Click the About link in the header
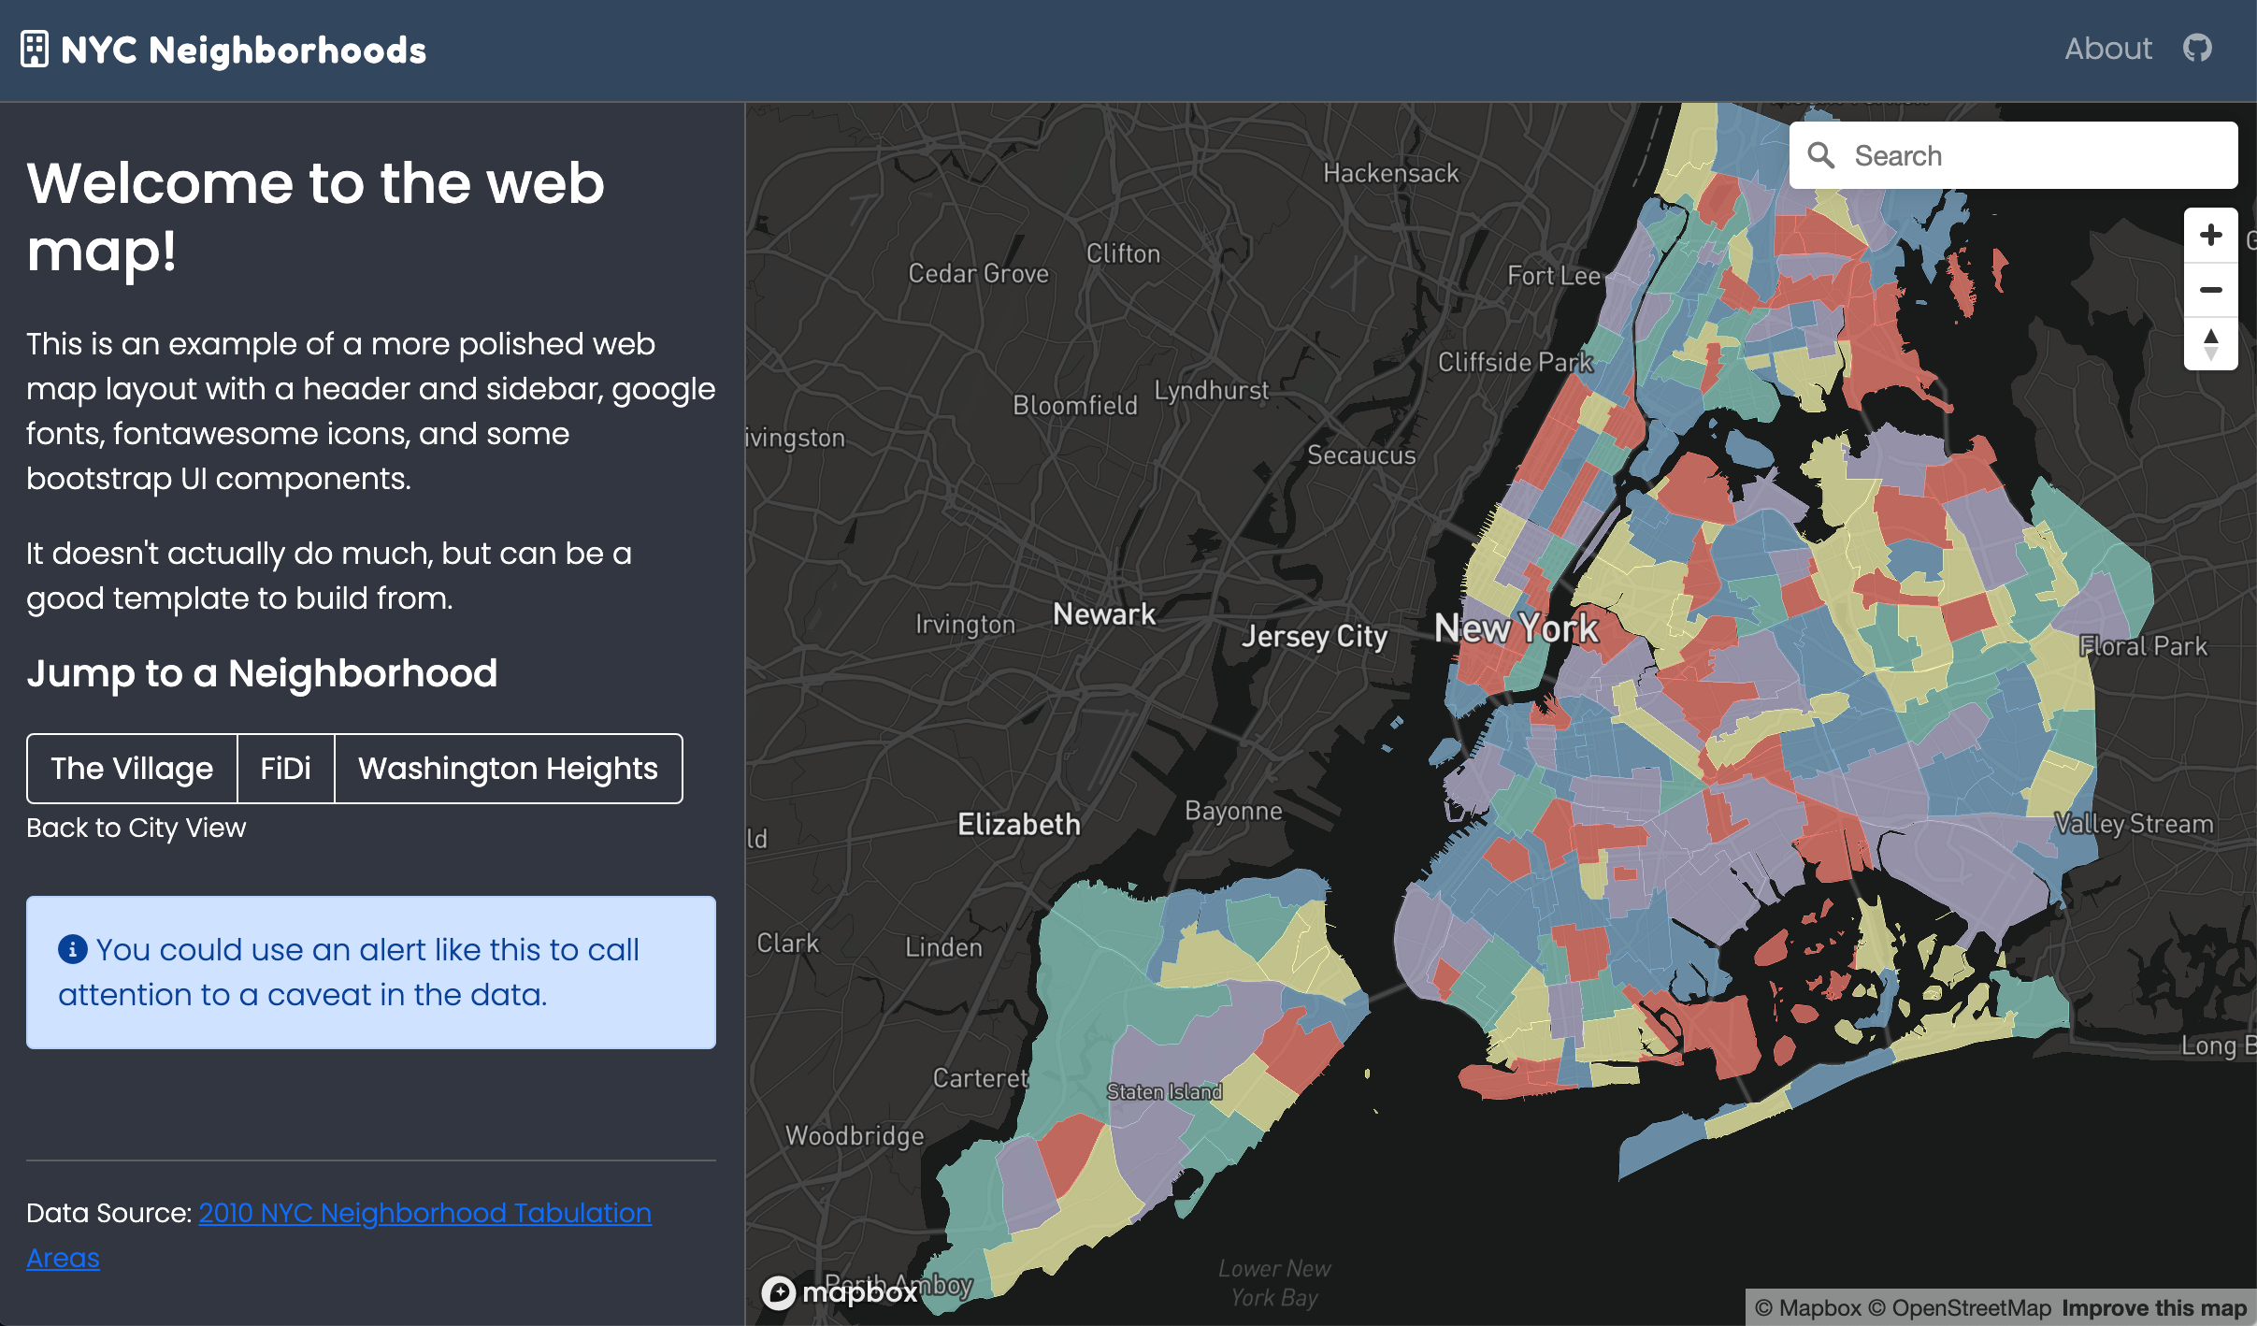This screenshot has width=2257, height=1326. (2107, 49)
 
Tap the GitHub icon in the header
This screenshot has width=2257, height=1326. (2196, 48)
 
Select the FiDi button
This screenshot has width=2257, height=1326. (285, 769)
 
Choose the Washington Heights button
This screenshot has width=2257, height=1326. (508, 769)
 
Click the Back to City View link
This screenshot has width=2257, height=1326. (137, 828)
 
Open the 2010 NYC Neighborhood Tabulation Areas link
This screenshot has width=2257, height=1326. (424, 1213)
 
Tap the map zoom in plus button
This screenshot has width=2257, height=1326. (2210, 235)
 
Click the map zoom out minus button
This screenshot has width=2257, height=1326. (2210, 290)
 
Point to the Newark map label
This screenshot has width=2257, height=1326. (1104, 614)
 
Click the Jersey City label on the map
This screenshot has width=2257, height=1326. (1315, 636)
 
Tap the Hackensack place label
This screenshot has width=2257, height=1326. (1390, 173)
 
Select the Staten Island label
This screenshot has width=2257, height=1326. (1164, 1091)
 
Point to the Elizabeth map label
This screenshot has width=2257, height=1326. (1019, 824)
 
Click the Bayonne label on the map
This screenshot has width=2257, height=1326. (1233, 811)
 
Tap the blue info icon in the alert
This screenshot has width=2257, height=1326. (73, 949)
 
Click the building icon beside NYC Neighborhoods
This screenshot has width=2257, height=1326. (35, 50)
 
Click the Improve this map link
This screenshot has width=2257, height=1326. (2154, 1307)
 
